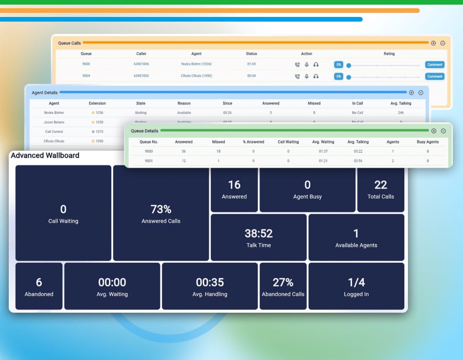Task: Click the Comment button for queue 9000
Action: (435, 65)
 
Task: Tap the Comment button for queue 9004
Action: (435, 76)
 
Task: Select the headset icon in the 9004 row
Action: (316, 76)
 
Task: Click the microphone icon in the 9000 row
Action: (307, 65)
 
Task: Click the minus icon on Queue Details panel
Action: (443, 131)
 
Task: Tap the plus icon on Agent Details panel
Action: (411, 93)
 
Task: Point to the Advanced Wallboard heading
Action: (45, 155)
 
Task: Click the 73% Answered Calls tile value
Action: (161, 209)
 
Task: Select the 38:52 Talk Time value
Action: (258, 233)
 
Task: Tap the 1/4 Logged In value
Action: (356, 282)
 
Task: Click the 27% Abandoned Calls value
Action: (283, 282)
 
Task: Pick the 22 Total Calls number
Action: (381, 185)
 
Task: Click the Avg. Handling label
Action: (210, 294)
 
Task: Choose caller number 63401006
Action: (141, 64)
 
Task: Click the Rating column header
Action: (389, 53)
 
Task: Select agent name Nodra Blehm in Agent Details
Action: (54, 113)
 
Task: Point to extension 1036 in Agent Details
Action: (99, 113)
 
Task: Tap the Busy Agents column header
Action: (428, 142)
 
